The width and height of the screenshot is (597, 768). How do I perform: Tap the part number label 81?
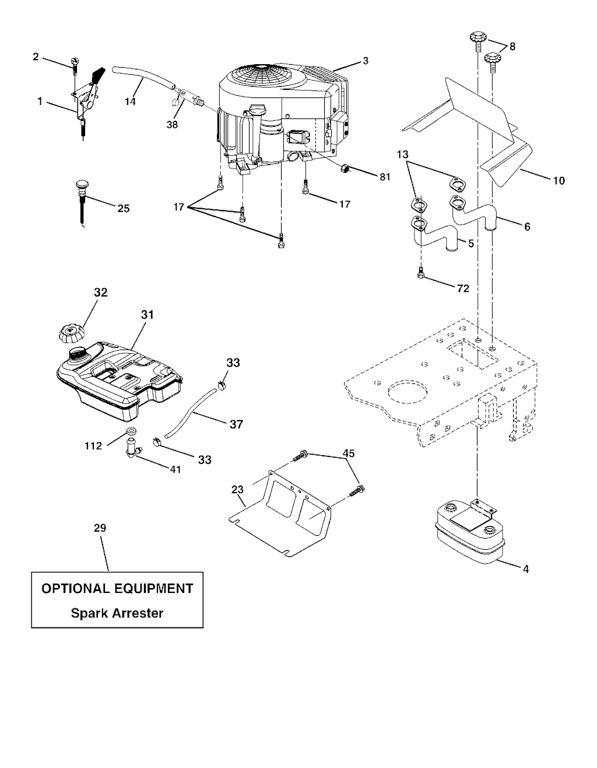(x=385, y=177)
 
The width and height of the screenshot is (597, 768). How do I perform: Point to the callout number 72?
(x=463, y=289)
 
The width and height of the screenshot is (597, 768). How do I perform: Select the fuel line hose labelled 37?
(x=191, y=413)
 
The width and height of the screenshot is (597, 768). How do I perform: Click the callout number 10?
(x=559, y=181)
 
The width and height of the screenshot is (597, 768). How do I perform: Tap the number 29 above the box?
(x=100, y=528)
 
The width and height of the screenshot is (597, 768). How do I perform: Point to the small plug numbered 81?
(x=345, y=169)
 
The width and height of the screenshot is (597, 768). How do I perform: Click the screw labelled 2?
(x=74, y=65)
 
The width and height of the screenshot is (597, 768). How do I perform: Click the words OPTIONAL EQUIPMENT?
(x=117, y=589)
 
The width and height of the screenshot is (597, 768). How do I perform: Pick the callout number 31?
(x=148, y=315)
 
